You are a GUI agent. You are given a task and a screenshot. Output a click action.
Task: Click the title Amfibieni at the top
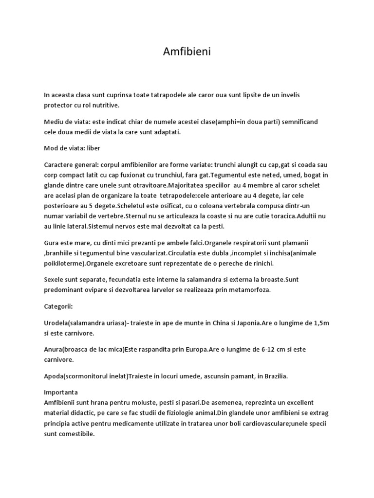[x=187, y=52]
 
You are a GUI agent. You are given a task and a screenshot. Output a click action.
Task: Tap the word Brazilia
[x=273, y=376]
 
